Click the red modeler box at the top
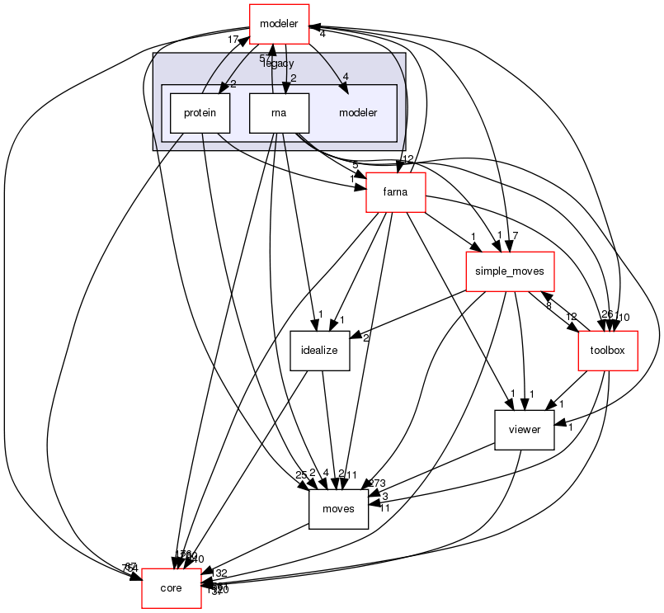[x=279, y=23]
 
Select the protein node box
[x=199, y=113]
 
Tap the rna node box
[x=279, y=113]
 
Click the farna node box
[x=395, y=193]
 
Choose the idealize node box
[x=319, y=350]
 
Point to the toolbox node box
[x=608, y=350]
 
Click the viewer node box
[x=523, y=429]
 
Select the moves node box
[x=337, y=508]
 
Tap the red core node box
[x=171, y=588]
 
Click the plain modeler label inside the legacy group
[x=357, y=113]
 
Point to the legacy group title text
[x=279, y=64]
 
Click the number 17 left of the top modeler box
[x=234, y=39]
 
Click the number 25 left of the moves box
[x=301, y=475]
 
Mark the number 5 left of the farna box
[x=355, y=166]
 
